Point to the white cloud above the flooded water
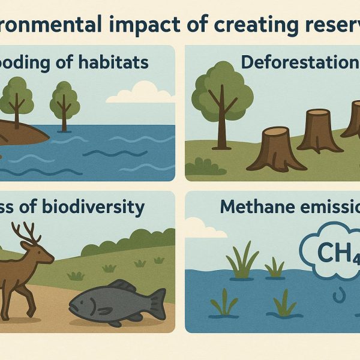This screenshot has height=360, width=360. coord(138,93)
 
